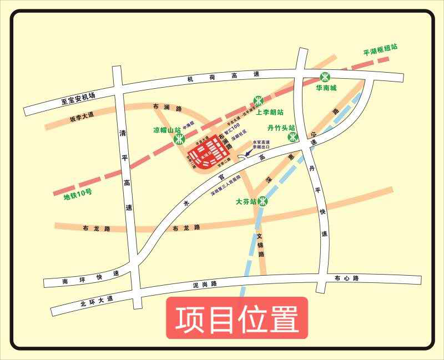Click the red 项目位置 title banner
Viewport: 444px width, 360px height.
click(237, 318)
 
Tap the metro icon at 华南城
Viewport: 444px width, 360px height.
click(325, 77)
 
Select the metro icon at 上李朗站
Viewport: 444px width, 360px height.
click(258, 100)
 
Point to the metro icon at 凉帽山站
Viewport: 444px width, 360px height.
click(179, 139)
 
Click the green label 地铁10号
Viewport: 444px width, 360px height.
click(78, 195)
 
